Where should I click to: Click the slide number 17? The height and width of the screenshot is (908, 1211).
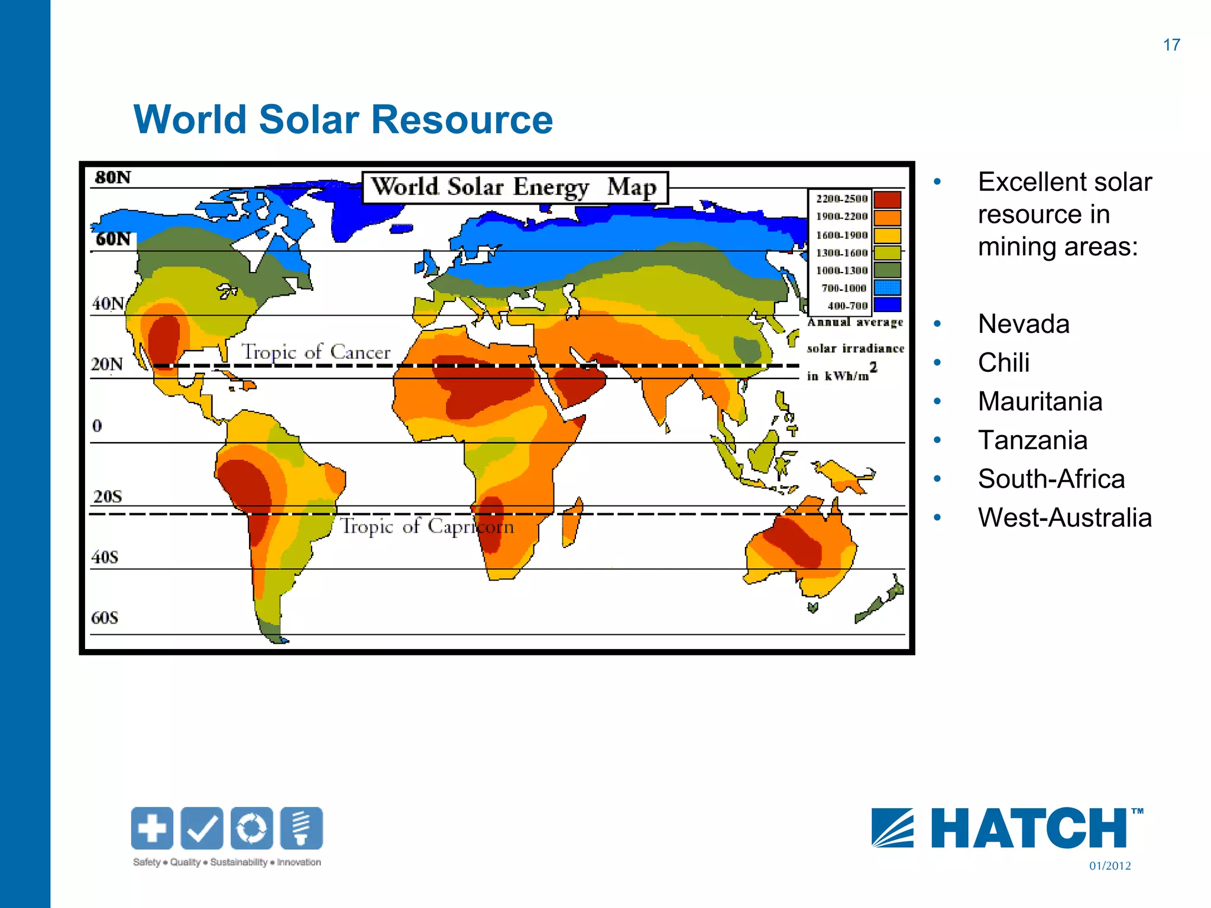[1171, 45]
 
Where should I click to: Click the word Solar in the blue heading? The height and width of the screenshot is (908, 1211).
[309, 119]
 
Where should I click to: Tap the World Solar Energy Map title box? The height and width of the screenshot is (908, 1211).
[514, 187]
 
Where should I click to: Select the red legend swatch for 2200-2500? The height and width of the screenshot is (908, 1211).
[887, 199]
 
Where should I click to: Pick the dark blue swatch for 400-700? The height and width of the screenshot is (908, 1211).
[887, 304]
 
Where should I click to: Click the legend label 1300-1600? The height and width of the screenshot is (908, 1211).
[842, 253]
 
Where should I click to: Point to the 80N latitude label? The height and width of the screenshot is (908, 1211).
[112, 177]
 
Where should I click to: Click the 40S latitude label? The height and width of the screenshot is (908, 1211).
[105, 557]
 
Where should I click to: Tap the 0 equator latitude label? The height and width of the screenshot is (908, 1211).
[97, 426]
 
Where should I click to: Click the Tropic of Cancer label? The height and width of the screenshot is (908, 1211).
[316, 352]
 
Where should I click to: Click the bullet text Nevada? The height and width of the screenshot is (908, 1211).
[1024, 324]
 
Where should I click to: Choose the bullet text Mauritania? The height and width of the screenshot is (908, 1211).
[1040, 401]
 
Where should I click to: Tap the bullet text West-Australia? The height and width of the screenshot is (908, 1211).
[1064, 518]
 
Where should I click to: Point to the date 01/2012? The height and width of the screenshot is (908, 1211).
[1110, 866]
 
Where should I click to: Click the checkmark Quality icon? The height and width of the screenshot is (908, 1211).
[202, 828]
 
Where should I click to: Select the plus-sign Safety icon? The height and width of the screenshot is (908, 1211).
[152, 828]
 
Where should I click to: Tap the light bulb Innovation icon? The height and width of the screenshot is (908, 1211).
[302, 828]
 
